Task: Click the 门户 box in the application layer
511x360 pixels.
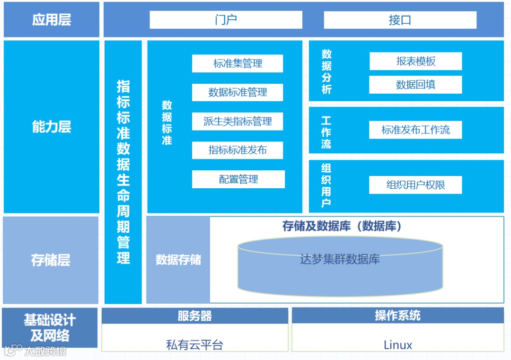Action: click(x=226, y=20)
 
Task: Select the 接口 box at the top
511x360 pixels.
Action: click(x=400, y=20)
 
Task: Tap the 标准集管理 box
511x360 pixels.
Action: click(x=238, y=63)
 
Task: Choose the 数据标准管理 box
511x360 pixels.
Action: click(x=238, y=92)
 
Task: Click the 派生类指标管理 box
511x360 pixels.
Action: click(x=238, y=122)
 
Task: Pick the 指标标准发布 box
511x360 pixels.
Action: click(x=238, y=150)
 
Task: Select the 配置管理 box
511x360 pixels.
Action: click(x=238, y=179)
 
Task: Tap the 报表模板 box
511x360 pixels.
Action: click(x=415, y=61)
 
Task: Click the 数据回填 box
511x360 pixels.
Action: click(x=415, y=85)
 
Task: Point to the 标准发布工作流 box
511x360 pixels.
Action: click(x=415, y=130)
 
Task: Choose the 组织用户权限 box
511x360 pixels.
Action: click(x=415, y=185)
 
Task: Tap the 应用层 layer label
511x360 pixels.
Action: click(x=52, y=20)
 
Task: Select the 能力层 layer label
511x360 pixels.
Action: click(x=52, y=127)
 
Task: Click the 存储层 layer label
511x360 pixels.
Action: click(x=51, y=260)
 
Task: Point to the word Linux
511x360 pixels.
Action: click(x=398, y=345)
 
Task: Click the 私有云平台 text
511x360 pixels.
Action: click(x=194, y=345)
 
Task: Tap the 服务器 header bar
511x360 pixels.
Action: click(x=194, y=316)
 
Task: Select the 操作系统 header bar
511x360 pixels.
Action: click(x=397, y=316)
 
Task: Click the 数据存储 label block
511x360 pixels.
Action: click(x=178, y=260)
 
